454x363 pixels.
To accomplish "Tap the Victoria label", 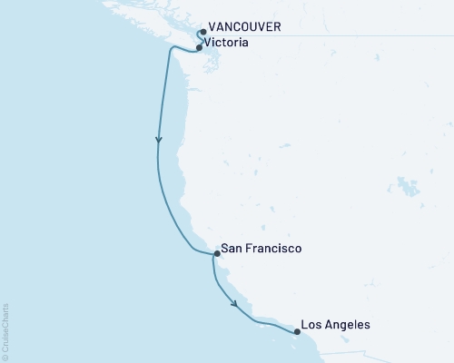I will [226, 43].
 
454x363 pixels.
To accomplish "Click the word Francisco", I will [271, 248].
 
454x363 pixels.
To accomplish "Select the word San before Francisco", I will [232, 248].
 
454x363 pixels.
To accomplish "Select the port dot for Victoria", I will [199, 46].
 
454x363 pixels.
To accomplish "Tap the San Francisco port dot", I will [215, 255].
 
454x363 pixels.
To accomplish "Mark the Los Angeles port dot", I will [297, 331].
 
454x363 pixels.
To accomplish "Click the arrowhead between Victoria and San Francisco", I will [160, 141].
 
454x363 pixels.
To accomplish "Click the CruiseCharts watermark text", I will [6, 327].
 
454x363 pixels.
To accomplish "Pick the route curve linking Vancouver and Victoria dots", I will [197, 38].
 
